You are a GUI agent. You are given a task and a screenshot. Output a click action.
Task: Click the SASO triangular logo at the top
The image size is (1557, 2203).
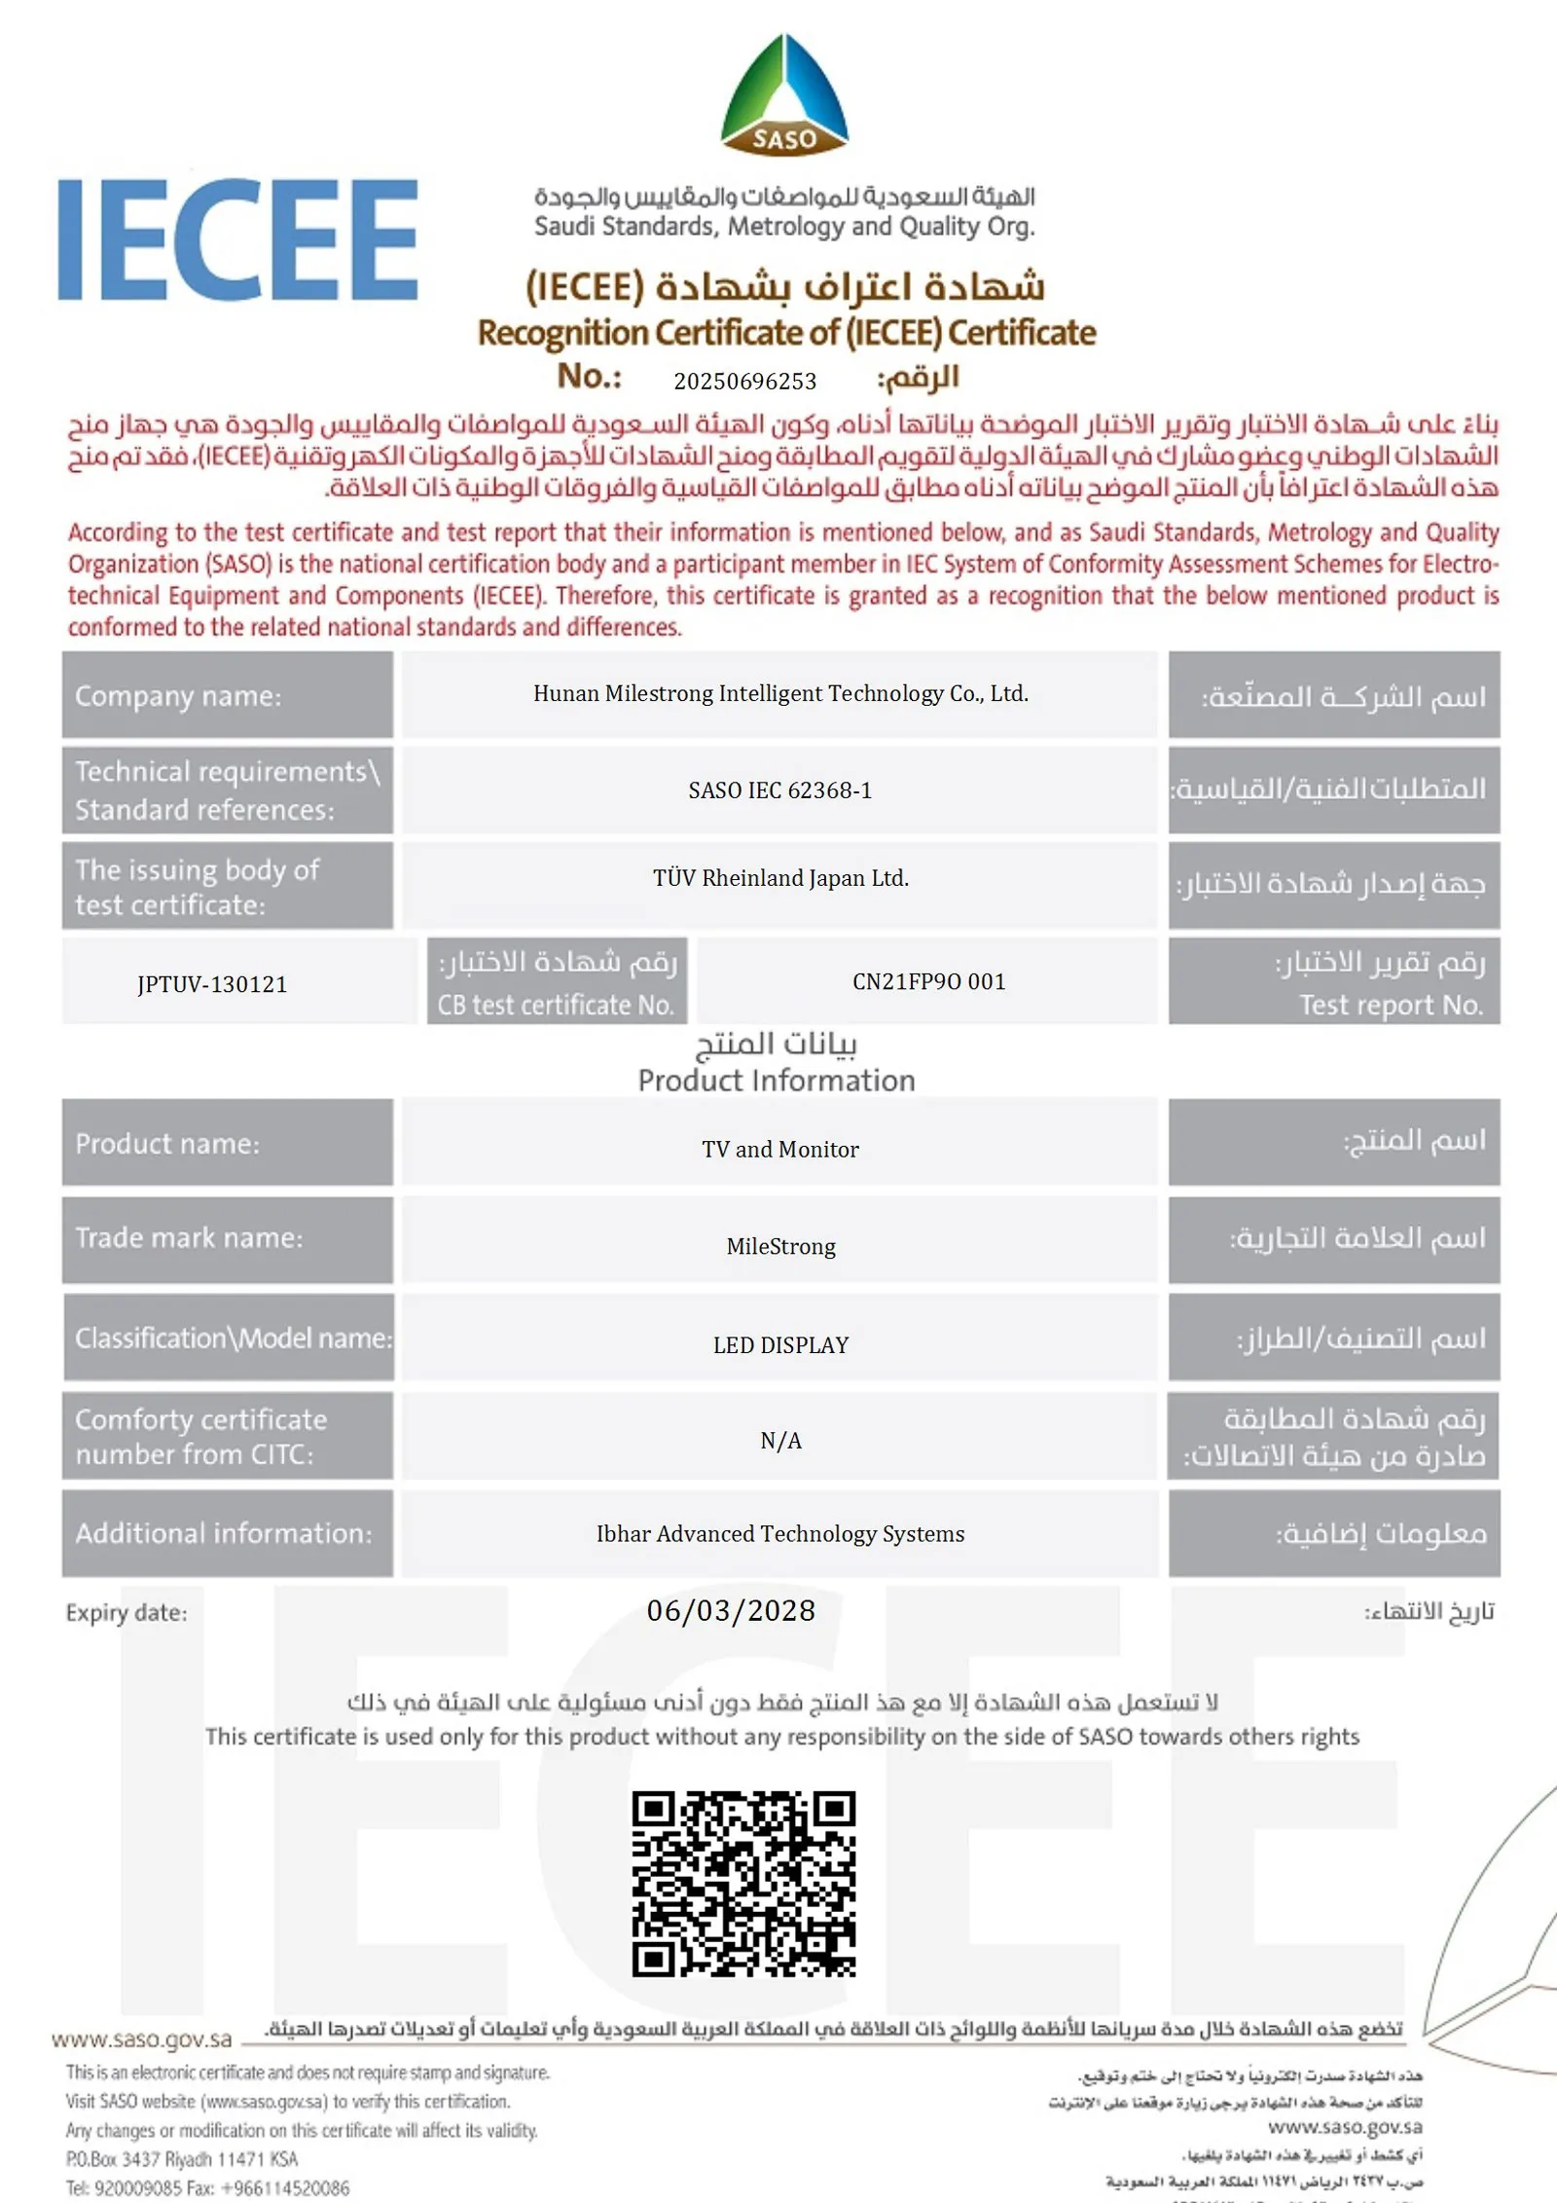784,95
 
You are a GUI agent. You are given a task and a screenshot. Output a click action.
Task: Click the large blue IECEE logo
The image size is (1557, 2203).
238,239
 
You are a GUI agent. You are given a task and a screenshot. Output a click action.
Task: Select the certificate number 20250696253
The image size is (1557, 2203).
744,382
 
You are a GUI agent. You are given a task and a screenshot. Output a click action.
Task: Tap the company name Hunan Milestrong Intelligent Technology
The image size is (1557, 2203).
780,694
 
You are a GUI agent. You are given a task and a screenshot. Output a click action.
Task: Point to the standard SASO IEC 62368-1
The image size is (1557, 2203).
780,790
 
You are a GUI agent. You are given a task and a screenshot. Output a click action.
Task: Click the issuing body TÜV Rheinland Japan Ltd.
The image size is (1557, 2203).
780,878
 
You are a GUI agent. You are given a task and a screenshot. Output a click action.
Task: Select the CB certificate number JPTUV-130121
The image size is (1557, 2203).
212,984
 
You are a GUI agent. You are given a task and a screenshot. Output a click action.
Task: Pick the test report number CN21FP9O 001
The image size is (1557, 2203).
928,981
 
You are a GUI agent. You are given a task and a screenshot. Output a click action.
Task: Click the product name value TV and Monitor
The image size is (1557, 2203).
780,1150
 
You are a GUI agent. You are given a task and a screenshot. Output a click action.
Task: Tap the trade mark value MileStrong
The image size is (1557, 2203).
780,1247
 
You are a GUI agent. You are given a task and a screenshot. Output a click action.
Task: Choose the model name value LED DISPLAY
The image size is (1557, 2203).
780,1345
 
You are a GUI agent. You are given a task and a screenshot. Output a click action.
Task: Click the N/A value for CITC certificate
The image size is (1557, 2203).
780,1441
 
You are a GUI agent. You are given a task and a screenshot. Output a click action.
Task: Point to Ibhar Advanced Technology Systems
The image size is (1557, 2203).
780,1534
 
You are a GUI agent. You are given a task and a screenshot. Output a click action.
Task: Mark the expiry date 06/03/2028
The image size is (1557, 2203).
731,1611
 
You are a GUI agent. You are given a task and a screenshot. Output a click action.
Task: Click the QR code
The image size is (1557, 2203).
743,1884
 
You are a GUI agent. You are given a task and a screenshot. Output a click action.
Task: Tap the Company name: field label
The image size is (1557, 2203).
178,696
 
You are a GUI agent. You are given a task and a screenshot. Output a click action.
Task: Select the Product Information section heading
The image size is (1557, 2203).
777,1081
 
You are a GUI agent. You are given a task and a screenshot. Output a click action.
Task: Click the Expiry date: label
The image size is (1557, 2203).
127,1613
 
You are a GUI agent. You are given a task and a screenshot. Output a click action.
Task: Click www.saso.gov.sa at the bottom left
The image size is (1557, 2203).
142,2039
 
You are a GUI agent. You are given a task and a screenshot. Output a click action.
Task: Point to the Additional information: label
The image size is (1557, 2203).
224,1534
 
